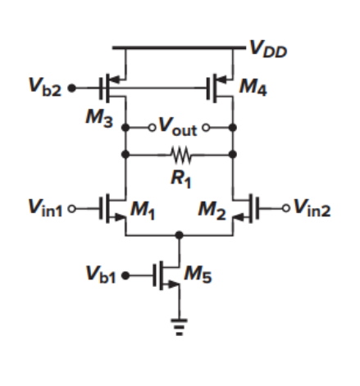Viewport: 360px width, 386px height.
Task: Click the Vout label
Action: (x=178, y=127)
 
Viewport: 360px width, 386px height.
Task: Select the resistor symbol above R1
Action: (x=180, y=153)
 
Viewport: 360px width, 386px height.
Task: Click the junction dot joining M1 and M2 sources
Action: (x=180, y=234)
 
